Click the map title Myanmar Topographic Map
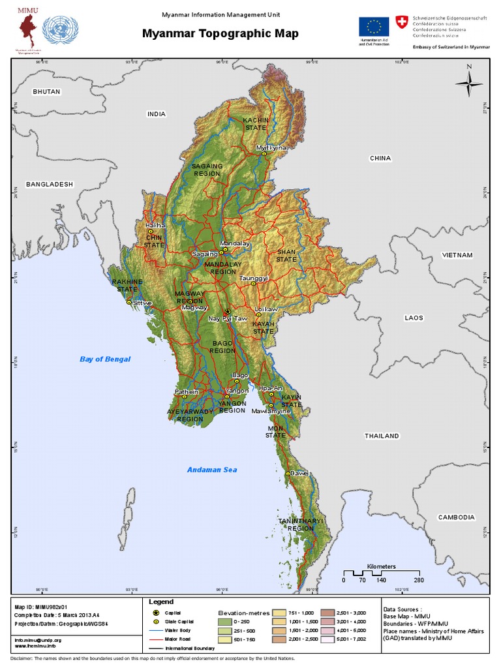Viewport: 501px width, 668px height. (220, 34)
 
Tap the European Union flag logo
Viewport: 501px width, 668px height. (373, 27)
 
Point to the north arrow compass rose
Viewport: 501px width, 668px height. (468, 84)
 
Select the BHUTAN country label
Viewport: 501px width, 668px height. (46, 92)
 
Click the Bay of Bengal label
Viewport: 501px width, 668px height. (105, 359)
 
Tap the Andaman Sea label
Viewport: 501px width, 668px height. (212, 470)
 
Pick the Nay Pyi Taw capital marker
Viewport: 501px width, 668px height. (227, 311)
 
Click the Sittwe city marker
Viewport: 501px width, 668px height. (129, 303)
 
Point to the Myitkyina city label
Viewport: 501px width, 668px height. (271, 148)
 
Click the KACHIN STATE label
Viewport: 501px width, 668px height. (255, 124)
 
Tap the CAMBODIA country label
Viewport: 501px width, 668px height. (456, 517)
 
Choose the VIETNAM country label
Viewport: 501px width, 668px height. (457, 255)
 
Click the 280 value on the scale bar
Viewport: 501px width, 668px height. (418, 580)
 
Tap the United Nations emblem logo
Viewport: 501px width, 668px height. (60, 31)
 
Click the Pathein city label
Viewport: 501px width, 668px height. (186, 391)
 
